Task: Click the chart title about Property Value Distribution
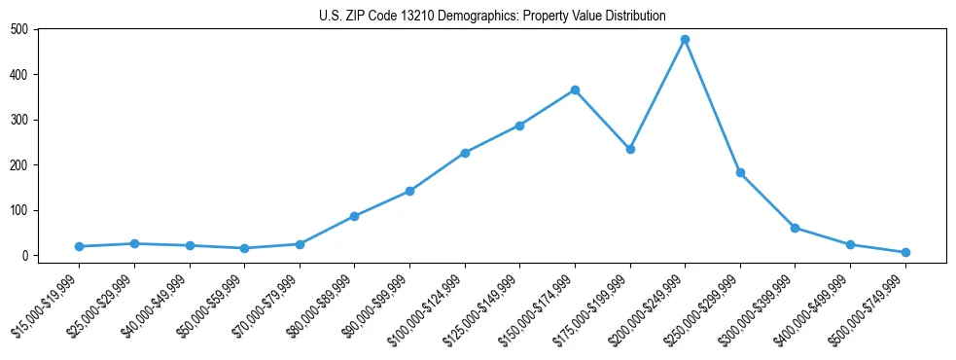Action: [492, 16]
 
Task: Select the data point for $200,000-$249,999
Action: [686, 39]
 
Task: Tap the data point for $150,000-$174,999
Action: [576, 90]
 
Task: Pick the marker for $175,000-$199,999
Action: [630, 149]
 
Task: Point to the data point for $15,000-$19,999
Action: [79, 246]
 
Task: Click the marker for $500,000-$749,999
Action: [905, 252]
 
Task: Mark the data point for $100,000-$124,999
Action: [465, 153]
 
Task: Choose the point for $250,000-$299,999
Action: [740, 172]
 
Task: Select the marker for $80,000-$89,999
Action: [355, 216]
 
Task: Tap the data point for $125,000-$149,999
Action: [520, 126]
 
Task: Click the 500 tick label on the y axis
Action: [18, 29]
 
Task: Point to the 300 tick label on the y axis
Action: [18, 120]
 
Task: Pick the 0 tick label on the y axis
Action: [25, 256]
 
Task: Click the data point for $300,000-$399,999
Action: [796, 228]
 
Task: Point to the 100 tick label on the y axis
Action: [18, 210]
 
